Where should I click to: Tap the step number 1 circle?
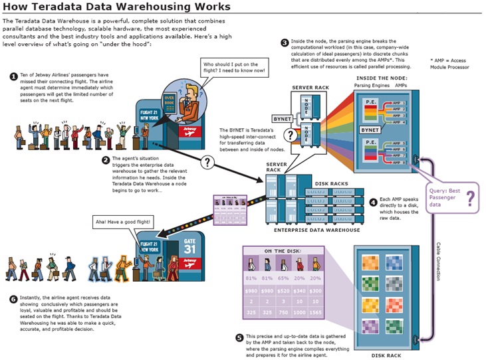tap(13, 76)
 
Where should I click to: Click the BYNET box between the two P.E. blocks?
tap(370, 130)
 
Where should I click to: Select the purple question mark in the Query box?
tap(469, 198)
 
